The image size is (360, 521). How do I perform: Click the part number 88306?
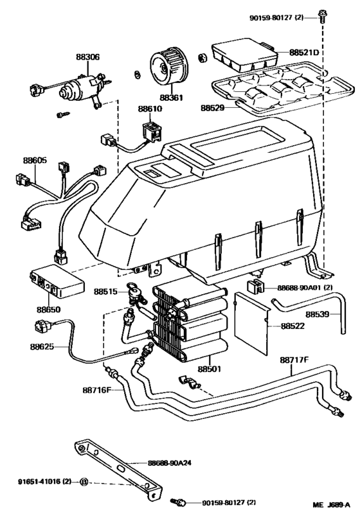[88, 57]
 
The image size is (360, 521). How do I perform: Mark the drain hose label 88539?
[318, 315]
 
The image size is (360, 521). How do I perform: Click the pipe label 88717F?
[294, 361]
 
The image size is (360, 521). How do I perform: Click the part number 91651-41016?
[37, 481]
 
